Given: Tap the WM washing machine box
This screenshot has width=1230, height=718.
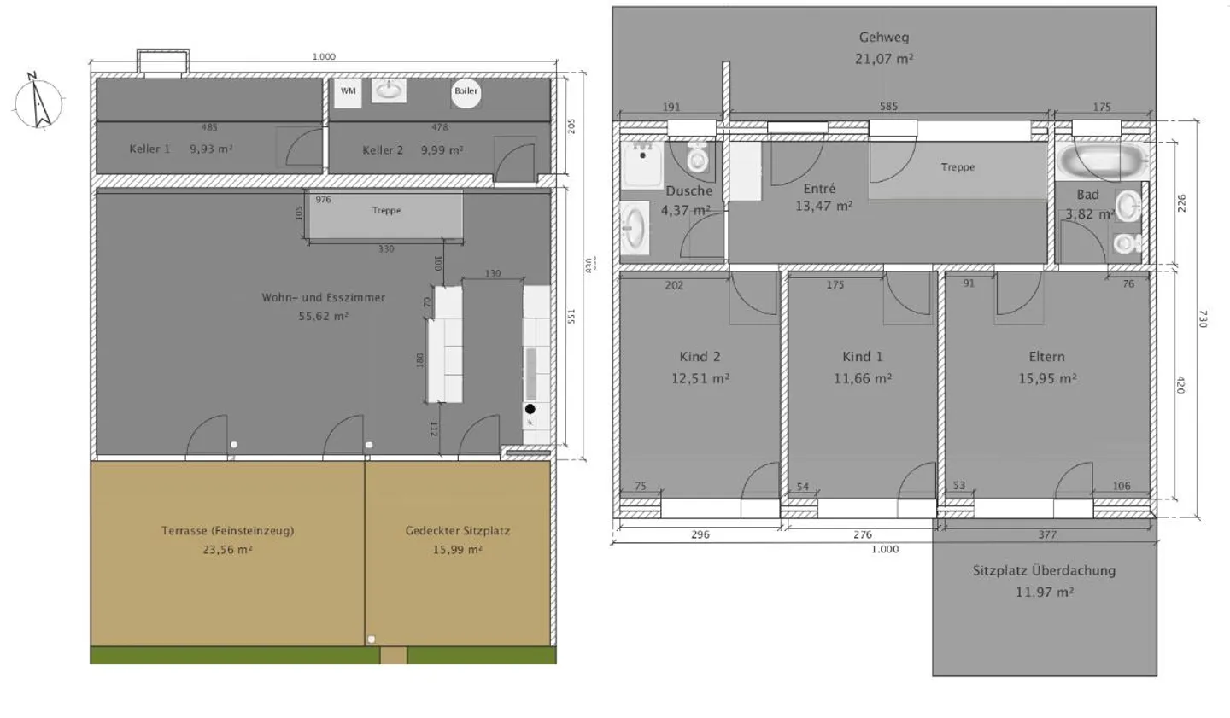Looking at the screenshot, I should [348, 91].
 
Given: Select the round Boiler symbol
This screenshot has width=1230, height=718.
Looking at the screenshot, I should [466, 91].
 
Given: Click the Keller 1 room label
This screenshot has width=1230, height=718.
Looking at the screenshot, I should [149, 149].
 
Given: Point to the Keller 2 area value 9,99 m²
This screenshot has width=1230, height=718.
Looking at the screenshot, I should [442, 150].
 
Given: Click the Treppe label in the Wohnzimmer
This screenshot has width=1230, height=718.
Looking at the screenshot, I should [386, 211].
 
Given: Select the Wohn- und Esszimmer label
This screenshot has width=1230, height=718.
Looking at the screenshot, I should [323, 298].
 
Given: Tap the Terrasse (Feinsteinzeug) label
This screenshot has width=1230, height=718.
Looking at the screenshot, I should [227, 531].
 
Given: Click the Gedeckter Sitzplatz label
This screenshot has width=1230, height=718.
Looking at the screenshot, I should [457, 531].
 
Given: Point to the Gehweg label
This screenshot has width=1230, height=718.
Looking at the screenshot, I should [884, 38].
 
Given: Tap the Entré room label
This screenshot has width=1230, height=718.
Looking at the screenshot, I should [819, 189].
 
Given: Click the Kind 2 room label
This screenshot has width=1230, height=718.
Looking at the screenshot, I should [700, 357].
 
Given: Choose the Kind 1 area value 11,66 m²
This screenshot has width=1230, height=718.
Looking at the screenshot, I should [863, 378].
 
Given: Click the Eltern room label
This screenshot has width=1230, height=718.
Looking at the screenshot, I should [1046, 357].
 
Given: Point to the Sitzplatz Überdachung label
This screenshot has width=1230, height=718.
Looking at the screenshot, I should [1044, 570].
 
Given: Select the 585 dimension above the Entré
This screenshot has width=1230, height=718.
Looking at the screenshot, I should [888, 107].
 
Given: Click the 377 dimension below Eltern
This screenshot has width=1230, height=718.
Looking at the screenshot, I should [1047, 535].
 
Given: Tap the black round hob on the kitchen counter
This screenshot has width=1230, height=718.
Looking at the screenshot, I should [530, 409].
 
